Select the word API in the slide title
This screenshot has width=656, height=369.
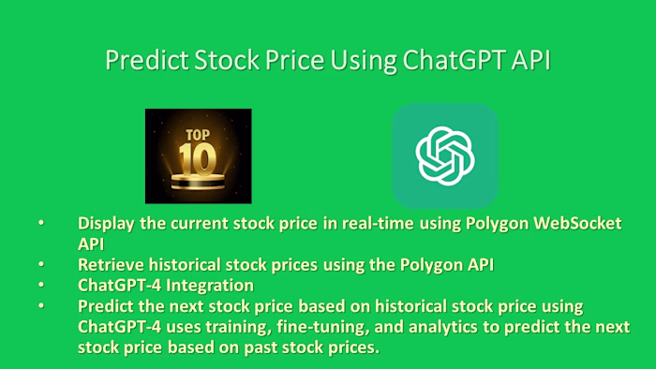(x=529, y=60)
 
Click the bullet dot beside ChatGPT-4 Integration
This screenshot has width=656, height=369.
(x=40, y=286)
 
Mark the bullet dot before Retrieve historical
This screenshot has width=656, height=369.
(x=40, y=265)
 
